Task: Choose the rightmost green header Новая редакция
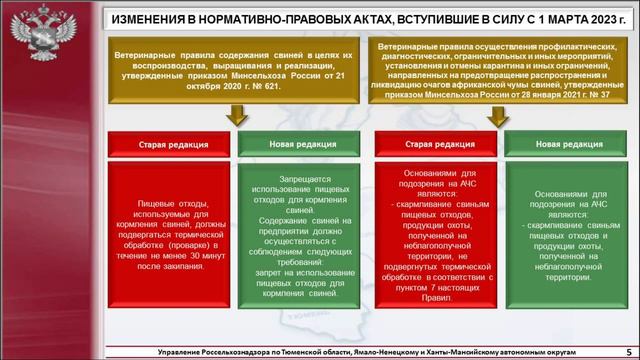(563, 143)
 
